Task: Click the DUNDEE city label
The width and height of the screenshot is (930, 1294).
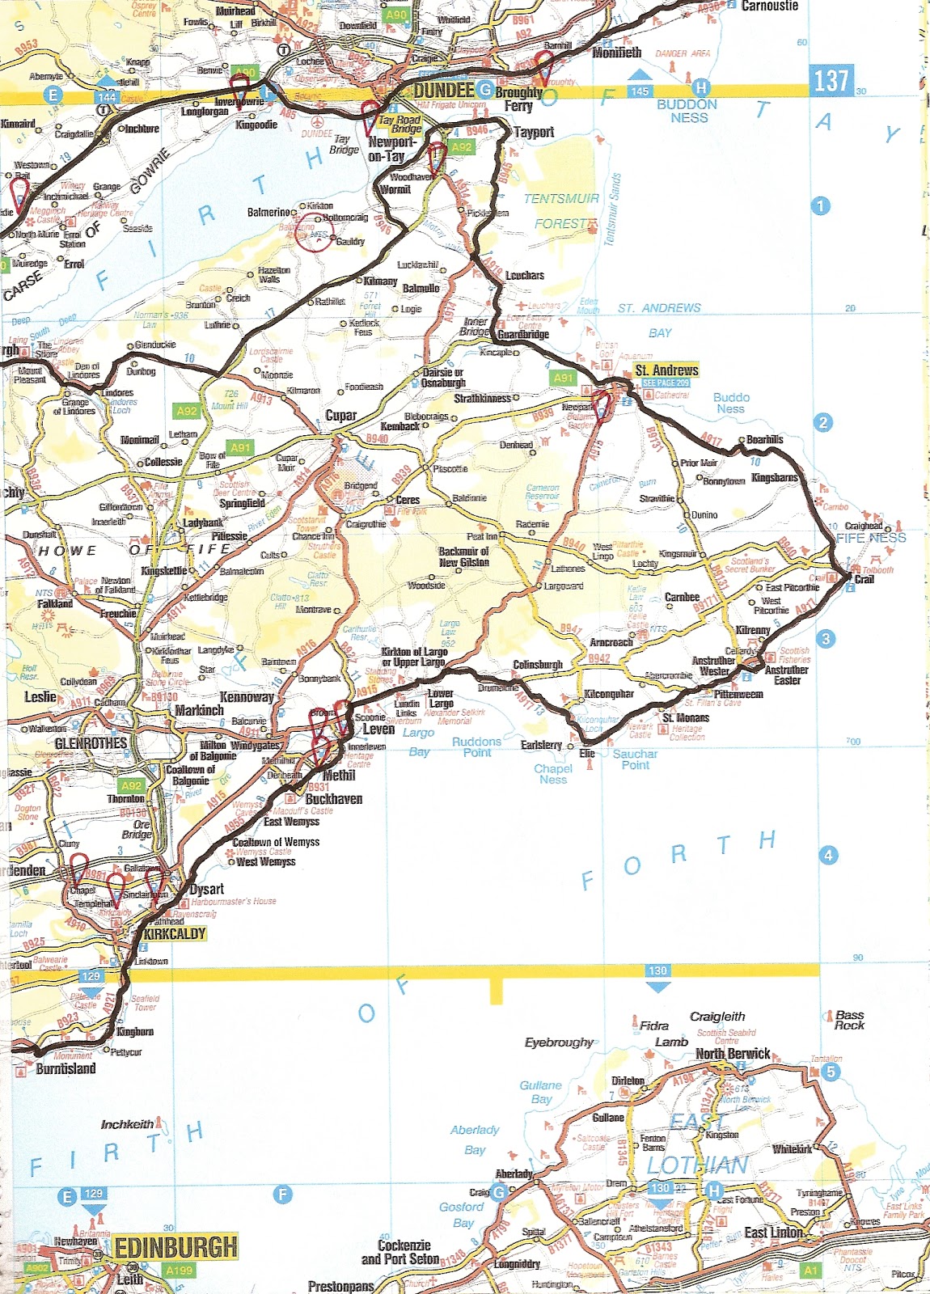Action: (443, 90)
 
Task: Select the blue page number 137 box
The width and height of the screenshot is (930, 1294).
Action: (831, 81)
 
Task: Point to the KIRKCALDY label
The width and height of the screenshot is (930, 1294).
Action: (175, 933)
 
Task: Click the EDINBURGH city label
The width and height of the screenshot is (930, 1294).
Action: (176, 1247)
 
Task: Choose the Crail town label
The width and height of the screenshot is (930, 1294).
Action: (864, 579)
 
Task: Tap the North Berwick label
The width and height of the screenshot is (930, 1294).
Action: (733, 1054)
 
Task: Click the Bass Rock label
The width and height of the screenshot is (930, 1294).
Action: (849, 1020)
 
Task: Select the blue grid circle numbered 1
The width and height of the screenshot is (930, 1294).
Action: (820, 205)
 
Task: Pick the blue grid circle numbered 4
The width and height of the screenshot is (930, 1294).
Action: (827, 855)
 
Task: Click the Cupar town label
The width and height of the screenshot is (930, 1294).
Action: (340, 415)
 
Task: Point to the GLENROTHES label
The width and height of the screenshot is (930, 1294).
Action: (91, 742)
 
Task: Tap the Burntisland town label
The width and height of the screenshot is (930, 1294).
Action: (66, 1068)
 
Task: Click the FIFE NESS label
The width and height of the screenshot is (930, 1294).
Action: (871, 537)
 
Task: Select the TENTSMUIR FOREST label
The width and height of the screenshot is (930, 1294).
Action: (561, 210)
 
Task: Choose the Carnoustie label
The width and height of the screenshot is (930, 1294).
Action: (770, 6)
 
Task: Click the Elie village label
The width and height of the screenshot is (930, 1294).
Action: (587, 753)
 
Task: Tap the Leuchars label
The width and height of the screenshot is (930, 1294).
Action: (524, 275)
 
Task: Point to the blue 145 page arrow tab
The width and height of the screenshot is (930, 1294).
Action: (640, 92)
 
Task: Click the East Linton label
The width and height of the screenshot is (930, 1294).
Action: (774, 1232)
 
